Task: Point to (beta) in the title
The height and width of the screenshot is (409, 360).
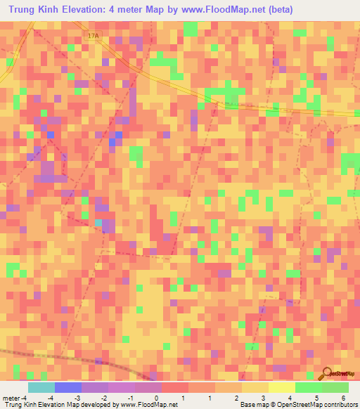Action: click(276, 9)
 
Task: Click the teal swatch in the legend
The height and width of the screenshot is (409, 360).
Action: click(41, 387)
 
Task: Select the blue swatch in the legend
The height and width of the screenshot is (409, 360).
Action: click(67, 387)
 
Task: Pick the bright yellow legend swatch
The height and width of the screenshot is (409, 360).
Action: click(281, 387)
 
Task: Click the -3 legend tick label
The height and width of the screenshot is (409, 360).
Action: click(77, 398)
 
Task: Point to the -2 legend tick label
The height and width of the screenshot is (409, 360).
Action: click(103, 398)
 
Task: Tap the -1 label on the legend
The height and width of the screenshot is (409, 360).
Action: click(130, 398)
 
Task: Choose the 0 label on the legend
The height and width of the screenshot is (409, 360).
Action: click(156, 398)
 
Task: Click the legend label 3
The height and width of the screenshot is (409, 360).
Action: click(262, 398)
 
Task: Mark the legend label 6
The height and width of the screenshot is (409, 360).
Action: click(342, 398)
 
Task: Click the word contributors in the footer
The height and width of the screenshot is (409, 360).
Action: click(340, 405)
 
